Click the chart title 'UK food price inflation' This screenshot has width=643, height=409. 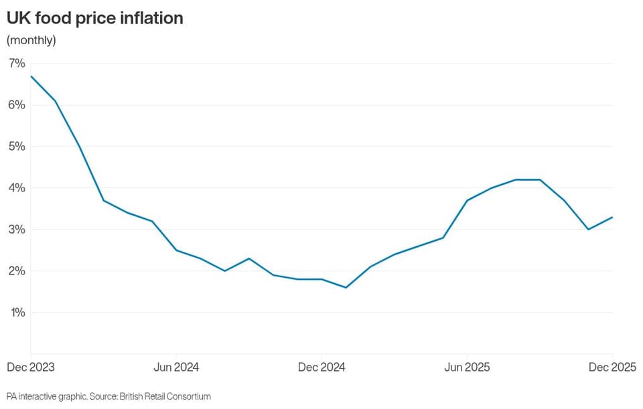(94, 19)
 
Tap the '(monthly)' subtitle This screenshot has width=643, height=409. (31, 40)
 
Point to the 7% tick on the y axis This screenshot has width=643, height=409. (17, 64)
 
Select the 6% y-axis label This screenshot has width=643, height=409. (17, 105)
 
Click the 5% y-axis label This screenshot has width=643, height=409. (17, 147)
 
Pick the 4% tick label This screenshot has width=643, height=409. (17, 188)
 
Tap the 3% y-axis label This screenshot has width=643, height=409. (17, 230)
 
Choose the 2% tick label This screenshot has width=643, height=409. (17, 271)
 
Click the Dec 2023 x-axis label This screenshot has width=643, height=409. (31, 367)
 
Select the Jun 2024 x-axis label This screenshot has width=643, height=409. (176, 367)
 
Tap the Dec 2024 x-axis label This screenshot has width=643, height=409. (321, 367)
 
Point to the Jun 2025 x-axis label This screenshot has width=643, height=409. (467, 367)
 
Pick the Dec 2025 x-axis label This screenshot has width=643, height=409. (612, 367)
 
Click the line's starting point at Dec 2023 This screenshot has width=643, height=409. (31, 76)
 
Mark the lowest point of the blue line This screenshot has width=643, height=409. (346, 287)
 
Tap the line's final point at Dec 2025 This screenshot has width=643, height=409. (612, 217)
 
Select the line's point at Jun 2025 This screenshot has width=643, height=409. (467, 200)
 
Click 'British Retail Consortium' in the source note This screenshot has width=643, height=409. (165, 396)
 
